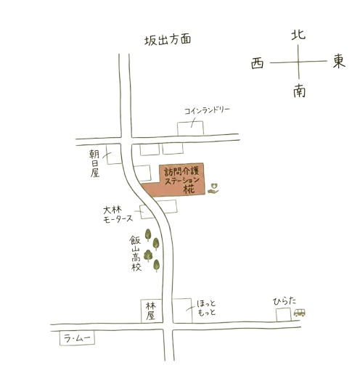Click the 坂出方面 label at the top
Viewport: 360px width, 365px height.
(x=168, y=40)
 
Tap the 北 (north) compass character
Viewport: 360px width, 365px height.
(x=298, y=35)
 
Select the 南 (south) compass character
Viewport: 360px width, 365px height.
(x=299, y=91)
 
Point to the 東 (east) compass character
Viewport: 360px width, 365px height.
(x=338, y=61)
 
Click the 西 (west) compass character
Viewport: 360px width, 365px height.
(x=257, y=64)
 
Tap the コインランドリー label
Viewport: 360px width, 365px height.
(x=207, y=110)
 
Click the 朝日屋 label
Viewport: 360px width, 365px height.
(x=94, y=163)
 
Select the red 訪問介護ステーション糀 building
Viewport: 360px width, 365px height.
(x=173, y=179)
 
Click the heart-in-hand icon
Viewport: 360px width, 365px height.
(x=213, y=188)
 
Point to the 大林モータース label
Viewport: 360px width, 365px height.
(x=118, y=214)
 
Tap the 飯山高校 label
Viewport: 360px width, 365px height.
(x=136, y=253)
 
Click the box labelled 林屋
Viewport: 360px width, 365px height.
(x=152, y=311)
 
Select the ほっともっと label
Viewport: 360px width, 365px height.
(x=206, y=308)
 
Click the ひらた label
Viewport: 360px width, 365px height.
(x=285, y=301)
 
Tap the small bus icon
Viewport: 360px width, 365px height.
(x=299, y=313)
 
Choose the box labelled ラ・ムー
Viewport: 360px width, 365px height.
(x=77, y=337)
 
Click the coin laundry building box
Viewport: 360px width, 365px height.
(x=190, y=128)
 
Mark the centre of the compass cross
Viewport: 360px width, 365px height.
(x=298, y=62)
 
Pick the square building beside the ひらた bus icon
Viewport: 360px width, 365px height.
(x=284, y=314)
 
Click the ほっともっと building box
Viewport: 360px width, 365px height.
(x=182, y=311)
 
